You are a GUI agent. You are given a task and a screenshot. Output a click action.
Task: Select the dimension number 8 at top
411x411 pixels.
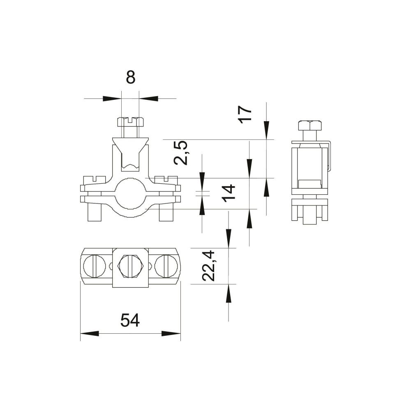(x=131, y=77)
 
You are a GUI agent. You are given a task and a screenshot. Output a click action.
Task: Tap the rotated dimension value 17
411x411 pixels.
(x=245, y=113)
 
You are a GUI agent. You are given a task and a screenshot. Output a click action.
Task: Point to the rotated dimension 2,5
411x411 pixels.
(x=181, y=153)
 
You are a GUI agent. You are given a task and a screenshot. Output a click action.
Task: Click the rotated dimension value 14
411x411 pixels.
(x=229, y=194)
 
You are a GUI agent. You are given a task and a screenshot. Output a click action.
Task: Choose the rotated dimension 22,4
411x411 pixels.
(x=209, y=266)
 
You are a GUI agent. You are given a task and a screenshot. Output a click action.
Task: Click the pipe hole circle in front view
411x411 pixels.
(x=130, y=194)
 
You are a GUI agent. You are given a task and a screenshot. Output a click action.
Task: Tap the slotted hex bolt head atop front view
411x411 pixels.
(x=130, y=122)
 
